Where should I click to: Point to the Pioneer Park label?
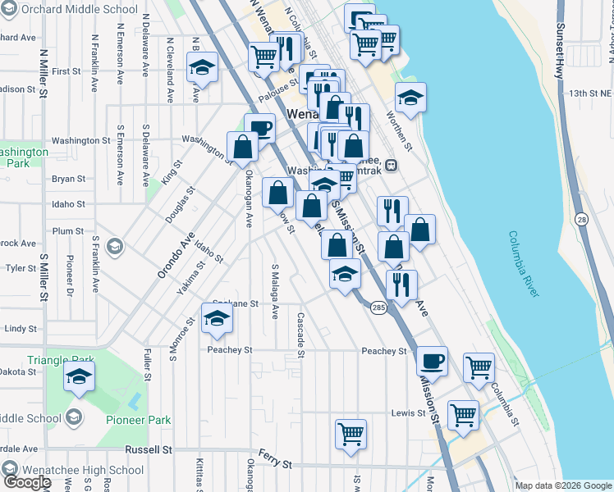point(138,420)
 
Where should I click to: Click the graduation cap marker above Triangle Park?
point(80,377)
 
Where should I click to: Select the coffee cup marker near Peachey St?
point(432,360)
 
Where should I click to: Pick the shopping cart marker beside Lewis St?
point(463,414)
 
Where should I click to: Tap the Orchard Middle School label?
point(79,9)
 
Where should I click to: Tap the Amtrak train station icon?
point(392,164)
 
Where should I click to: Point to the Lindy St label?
point(21,329)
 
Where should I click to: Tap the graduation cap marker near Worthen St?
point(410,98)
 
